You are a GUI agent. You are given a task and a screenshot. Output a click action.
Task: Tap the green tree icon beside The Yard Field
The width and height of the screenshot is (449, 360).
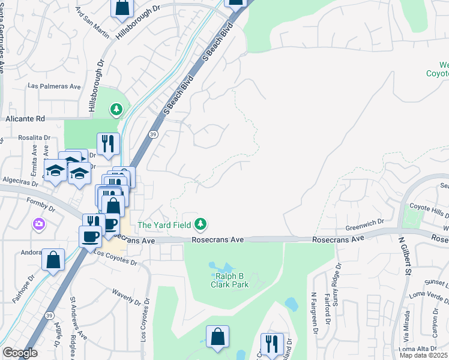point(201,225)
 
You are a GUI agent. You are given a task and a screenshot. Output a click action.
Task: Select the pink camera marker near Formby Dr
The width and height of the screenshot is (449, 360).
point(39,224)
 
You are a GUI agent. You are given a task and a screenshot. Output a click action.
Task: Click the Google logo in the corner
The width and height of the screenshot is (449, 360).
point(20,353)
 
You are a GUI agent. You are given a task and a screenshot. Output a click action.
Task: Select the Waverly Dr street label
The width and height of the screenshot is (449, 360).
point(127,298)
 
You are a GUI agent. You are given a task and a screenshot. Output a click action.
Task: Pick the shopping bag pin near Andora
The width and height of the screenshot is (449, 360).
point(53,260)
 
